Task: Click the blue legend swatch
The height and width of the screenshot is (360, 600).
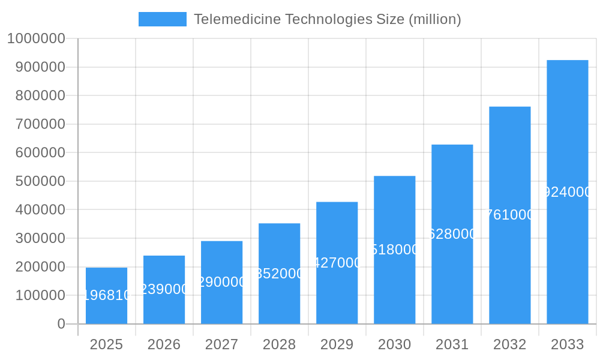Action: [162, 19]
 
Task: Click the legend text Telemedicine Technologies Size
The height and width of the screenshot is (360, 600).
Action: [327, 19]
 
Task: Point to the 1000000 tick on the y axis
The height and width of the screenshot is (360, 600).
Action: [36, 38]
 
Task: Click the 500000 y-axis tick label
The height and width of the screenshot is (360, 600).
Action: [36, 181]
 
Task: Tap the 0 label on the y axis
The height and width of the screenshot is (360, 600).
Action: [61, 324]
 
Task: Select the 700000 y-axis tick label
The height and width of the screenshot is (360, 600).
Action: [36, 124]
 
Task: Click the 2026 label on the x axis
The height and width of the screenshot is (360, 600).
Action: [164, 344]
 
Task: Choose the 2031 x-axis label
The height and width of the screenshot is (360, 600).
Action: [452, 344]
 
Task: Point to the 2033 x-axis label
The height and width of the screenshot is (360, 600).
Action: [567, 344]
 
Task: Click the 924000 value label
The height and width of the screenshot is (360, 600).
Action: [567, 192]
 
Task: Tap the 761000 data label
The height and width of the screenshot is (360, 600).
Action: [509, 215]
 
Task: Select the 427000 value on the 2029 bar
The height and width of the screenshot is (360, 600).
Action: [337, 263]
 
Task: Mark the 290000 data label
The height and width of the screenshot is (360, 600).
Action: [221, 282]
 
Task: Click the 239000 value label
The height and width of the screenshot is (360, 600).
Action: [164, 289]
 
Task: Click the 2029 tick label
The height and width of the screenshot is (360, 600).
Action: [337, 344]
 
